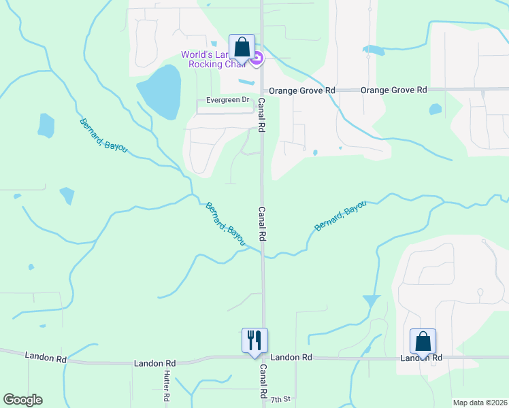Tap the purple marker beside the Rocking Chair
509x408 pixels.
click(x=257, y=61)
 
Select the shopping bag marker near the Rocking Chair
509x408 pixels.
click(x=242, y=47)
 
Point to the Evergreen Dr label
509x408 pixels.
click(x=223, y=100)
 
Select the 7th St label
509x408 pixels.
click(x=280, y=399)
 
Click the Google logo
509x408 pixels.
click(x=22, y=400)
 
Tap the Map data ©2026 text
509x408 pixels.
click(x=480, y=403)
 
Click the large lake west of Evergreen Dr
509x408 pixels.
click(x=160, y=90)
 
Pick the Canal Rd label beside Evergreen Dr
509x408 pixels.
click(x=261, y=114)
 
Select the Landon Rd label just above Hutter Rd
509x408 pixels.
click(x=156, y=363)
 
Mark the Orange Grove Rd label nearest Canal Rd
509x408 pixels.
click(x=302, y=90)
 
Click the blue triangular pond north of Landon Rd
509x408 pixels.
click(x=371, y=300)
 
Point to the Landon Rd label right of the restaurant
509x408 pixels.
click(x=291, y=357)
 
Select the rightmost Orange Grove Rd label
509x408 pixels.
click(x=393, y=90)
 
